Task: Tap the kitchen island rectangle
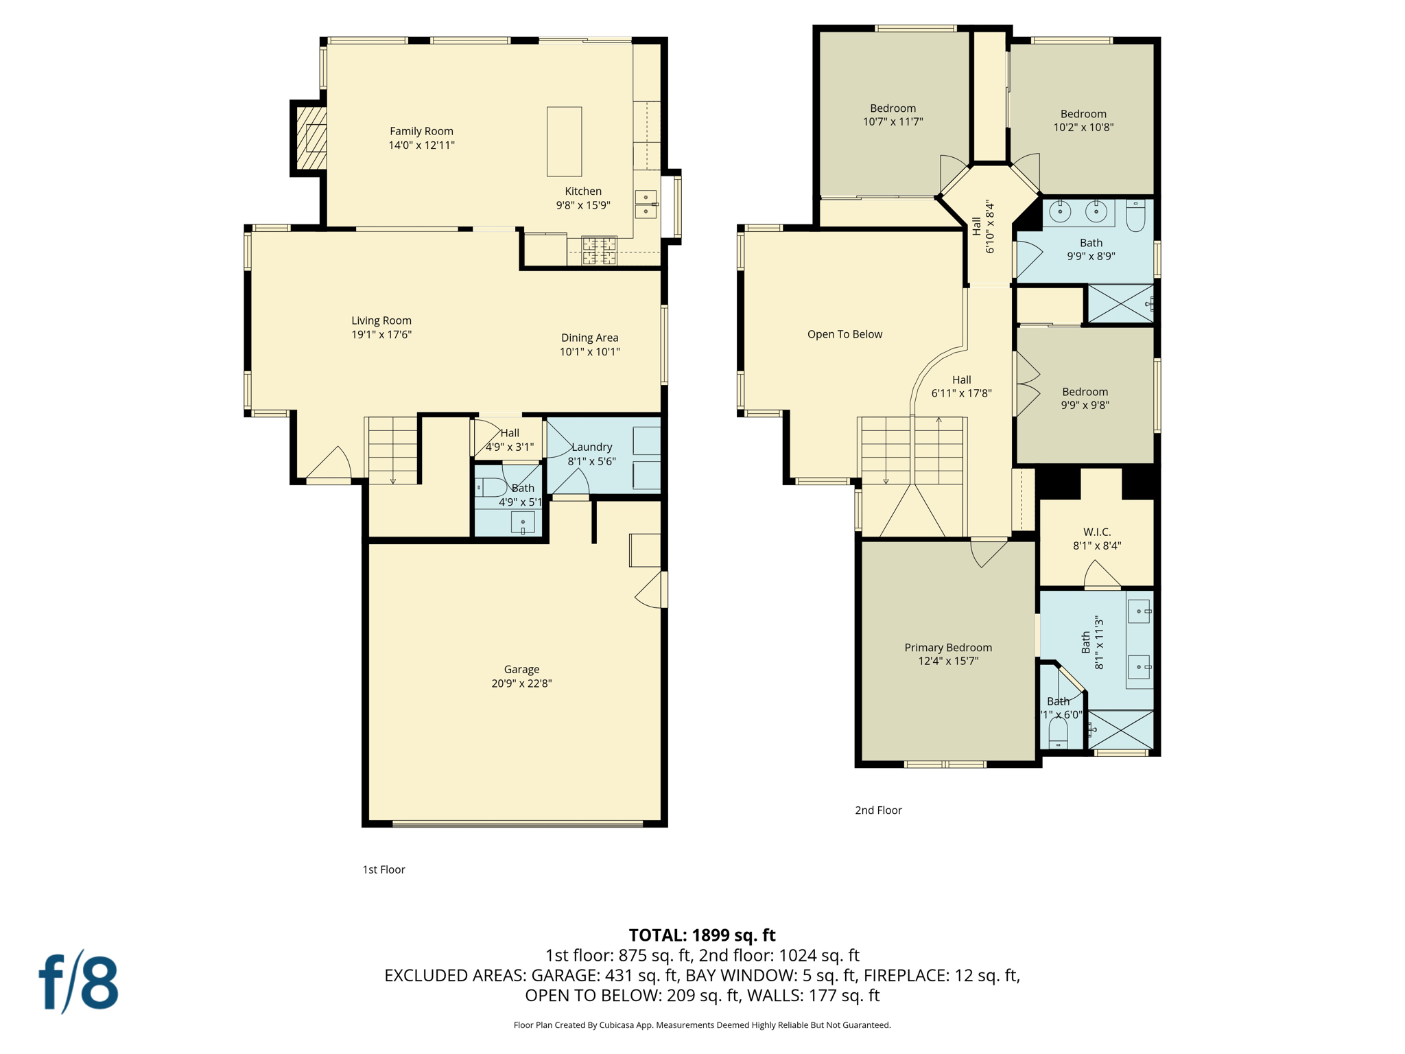[564, 141]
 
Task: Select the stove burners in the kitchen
[599, 250]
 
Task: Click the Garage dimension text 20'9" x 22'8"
[521, 683]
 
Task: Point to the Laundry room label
[591, 447]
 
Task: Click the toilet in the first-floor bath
[491, 487]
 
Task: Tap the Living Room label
[381, 320]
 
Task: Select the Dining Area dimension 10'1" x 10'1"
[589, 351]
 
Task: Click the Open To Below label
[845, 334]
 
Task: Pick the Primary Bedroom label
[947, 647]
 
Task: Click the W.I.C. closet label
[1097, 532]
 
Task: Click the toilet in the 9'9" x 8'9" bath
[1135, 216]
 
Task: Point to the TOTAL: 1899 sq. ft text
[702, 935]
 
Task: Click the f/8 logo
[78, 982]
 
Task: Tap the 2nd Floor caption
[878, 810]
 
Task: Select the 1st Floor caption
[383, 869]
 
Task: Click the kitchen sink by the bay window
[646, 204]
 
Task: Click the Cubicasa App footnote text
[702, 1025]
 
